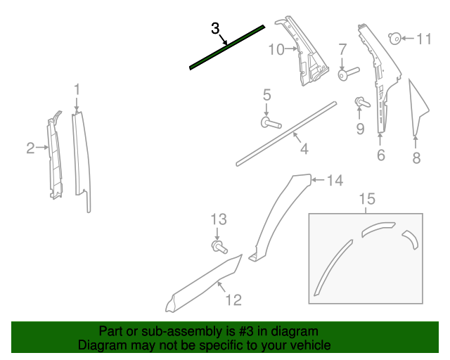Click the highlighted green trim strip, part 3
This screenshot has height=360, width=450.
(x=226, y=48)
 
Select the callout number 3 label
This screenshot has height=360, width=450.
(x=215, y=29)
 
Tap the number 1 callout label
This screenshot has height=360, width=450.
(x=77, y=89)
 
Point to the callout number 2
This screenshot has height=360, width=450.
(x=30, y=148)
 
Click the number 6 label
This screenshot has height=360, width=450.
(x=380, y=155)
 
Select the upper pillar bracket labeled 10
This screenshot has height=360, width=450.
(x=308, y=53)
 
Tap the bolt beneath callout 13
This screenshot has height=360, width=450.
(x=219, y=246)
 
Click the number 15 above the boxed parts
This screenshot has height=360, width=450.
(x=366, y=200)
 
